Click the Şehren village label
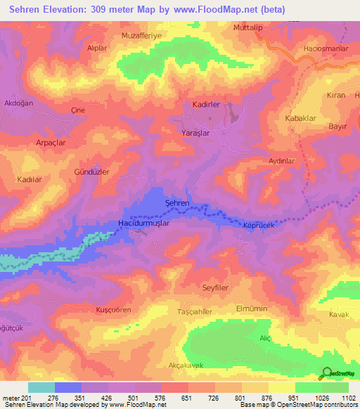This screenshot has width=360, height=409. [x=176, y=202]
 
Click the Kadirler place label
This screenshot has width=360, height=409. [x=206, y=104]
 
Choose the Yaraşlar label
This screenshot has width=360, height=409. [x=195, y=132]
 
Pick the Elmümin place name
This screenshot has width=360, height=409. [x=255, y=309]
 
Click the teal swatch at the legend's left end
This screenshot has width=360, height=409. [x=41, y=387]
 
